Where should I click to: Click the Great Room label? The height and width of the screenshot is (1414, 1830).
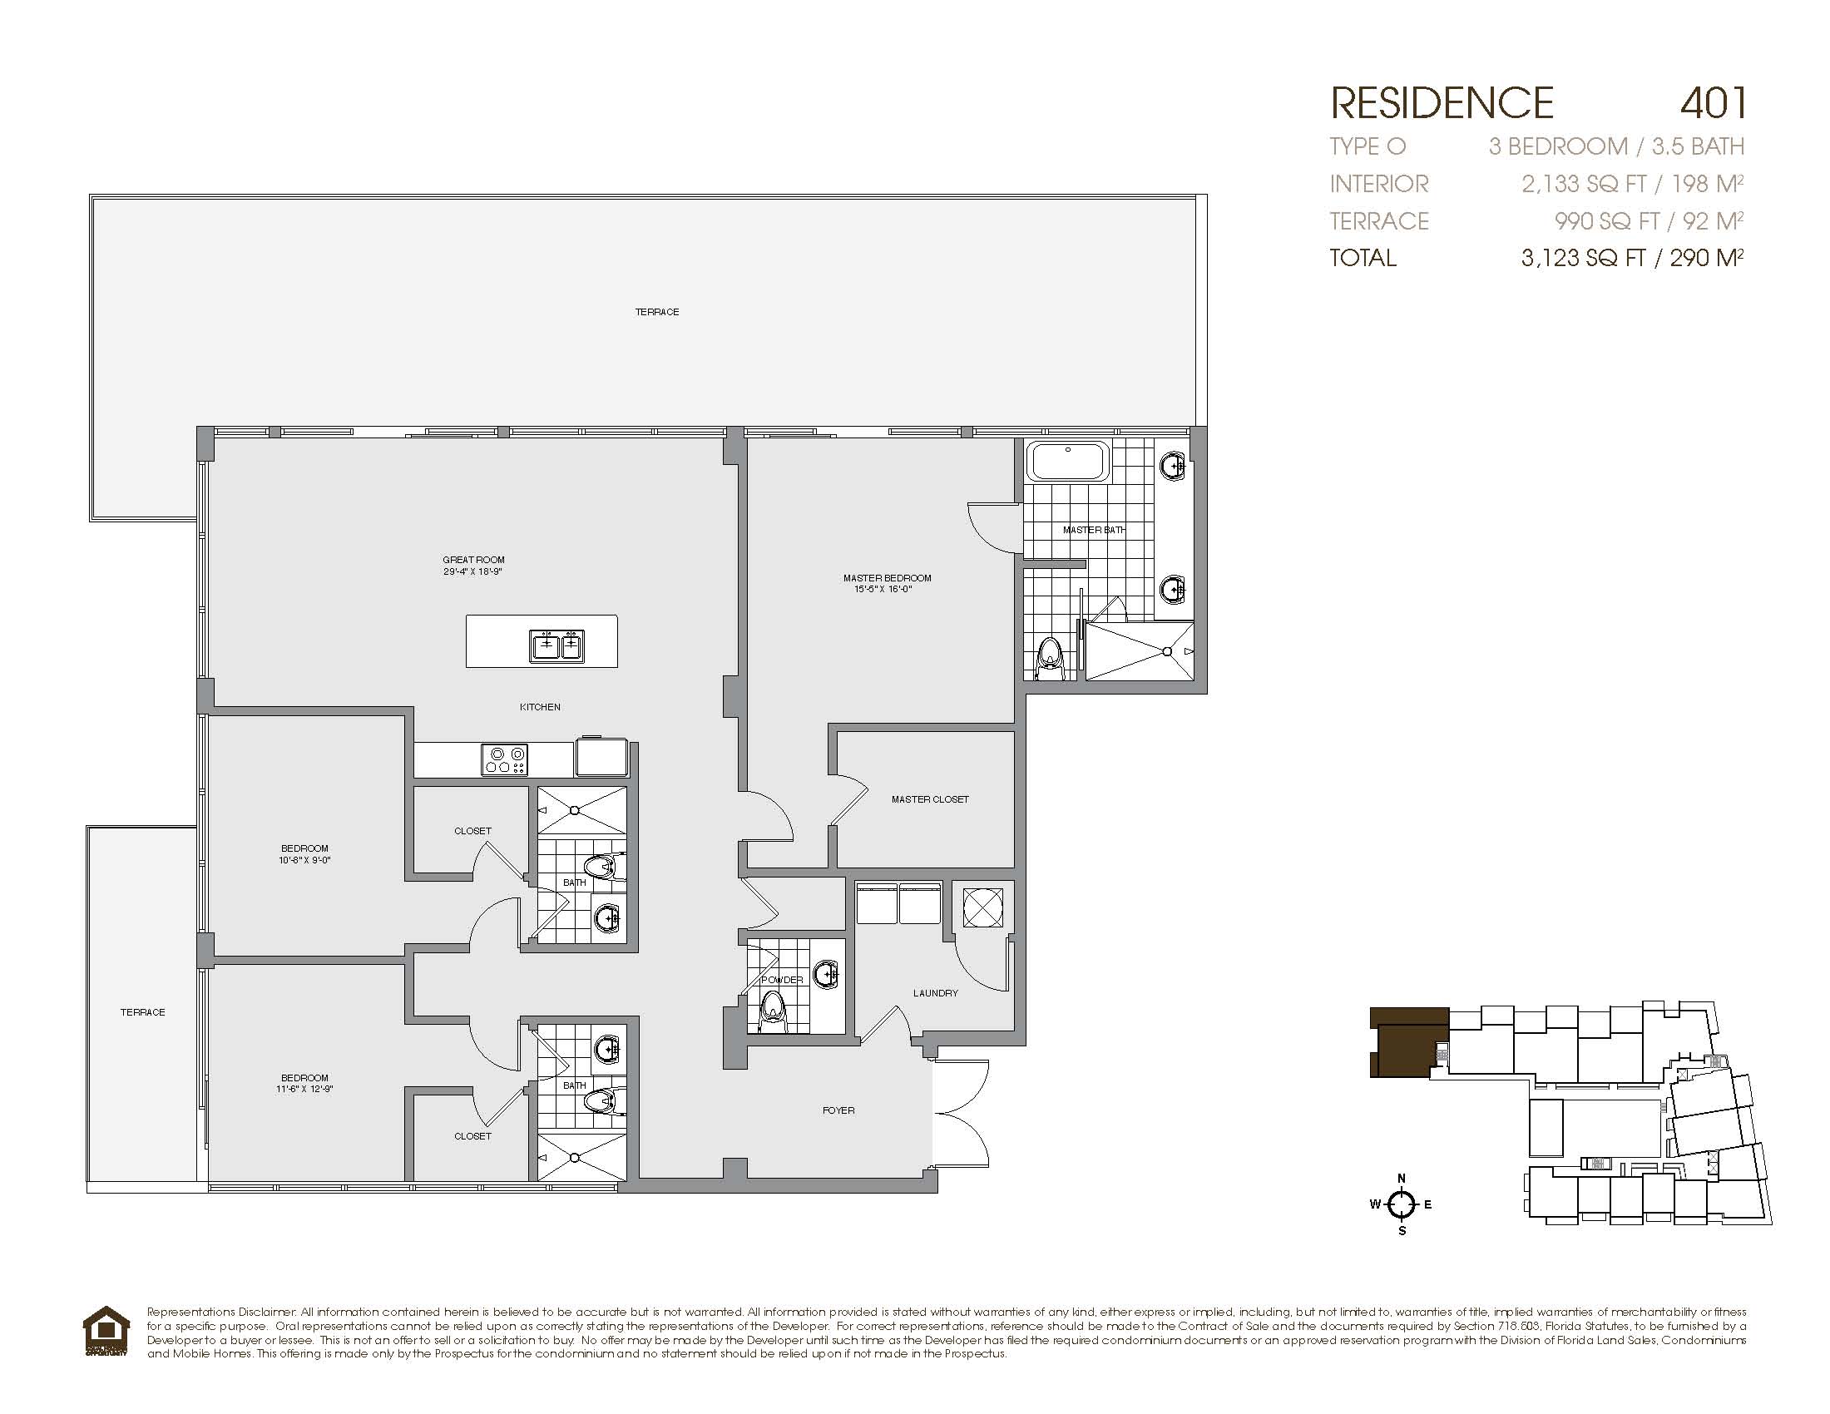coord(473,560)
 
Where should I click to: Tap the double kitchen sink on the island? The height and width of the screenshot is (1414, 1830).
coord(556,645)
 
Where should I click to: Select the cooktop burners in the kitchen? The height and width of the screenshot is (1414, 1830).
coord(504,759)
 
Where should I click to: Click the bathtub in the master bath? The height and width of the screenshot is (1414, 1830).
coord(1068,462)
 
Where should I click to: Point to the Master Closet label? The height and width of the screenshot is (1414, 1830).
coord(930,799)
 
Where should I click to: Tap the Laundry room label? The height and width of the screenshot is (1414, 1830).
coord(935,992)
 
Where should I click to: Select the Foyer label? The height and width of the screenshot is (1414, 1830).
coord(838,1110)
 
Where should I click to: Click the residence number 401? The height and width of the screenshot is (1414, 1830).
coord(1713,102)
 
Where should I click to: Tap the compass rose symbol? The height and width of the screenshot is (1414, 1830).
coord(1401,1205)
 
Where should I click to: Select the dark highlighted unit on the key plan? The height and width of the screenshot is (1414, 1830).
coord(1408,1042)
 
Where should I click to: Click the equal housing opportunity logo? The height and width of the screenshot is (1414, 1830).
coord(106,1331)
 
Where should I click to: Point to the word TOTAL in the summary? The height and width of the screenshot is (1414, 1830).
coord(1363,257)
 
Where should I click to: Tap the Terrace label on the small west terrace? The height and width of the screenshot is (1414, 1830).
coord(142,1012)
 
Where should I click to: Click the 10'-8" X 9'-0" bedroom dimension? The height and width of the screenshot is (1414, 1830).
coord(305,859)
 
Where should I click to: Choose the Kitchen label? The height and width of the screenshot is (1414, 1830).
coord(540,707)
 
